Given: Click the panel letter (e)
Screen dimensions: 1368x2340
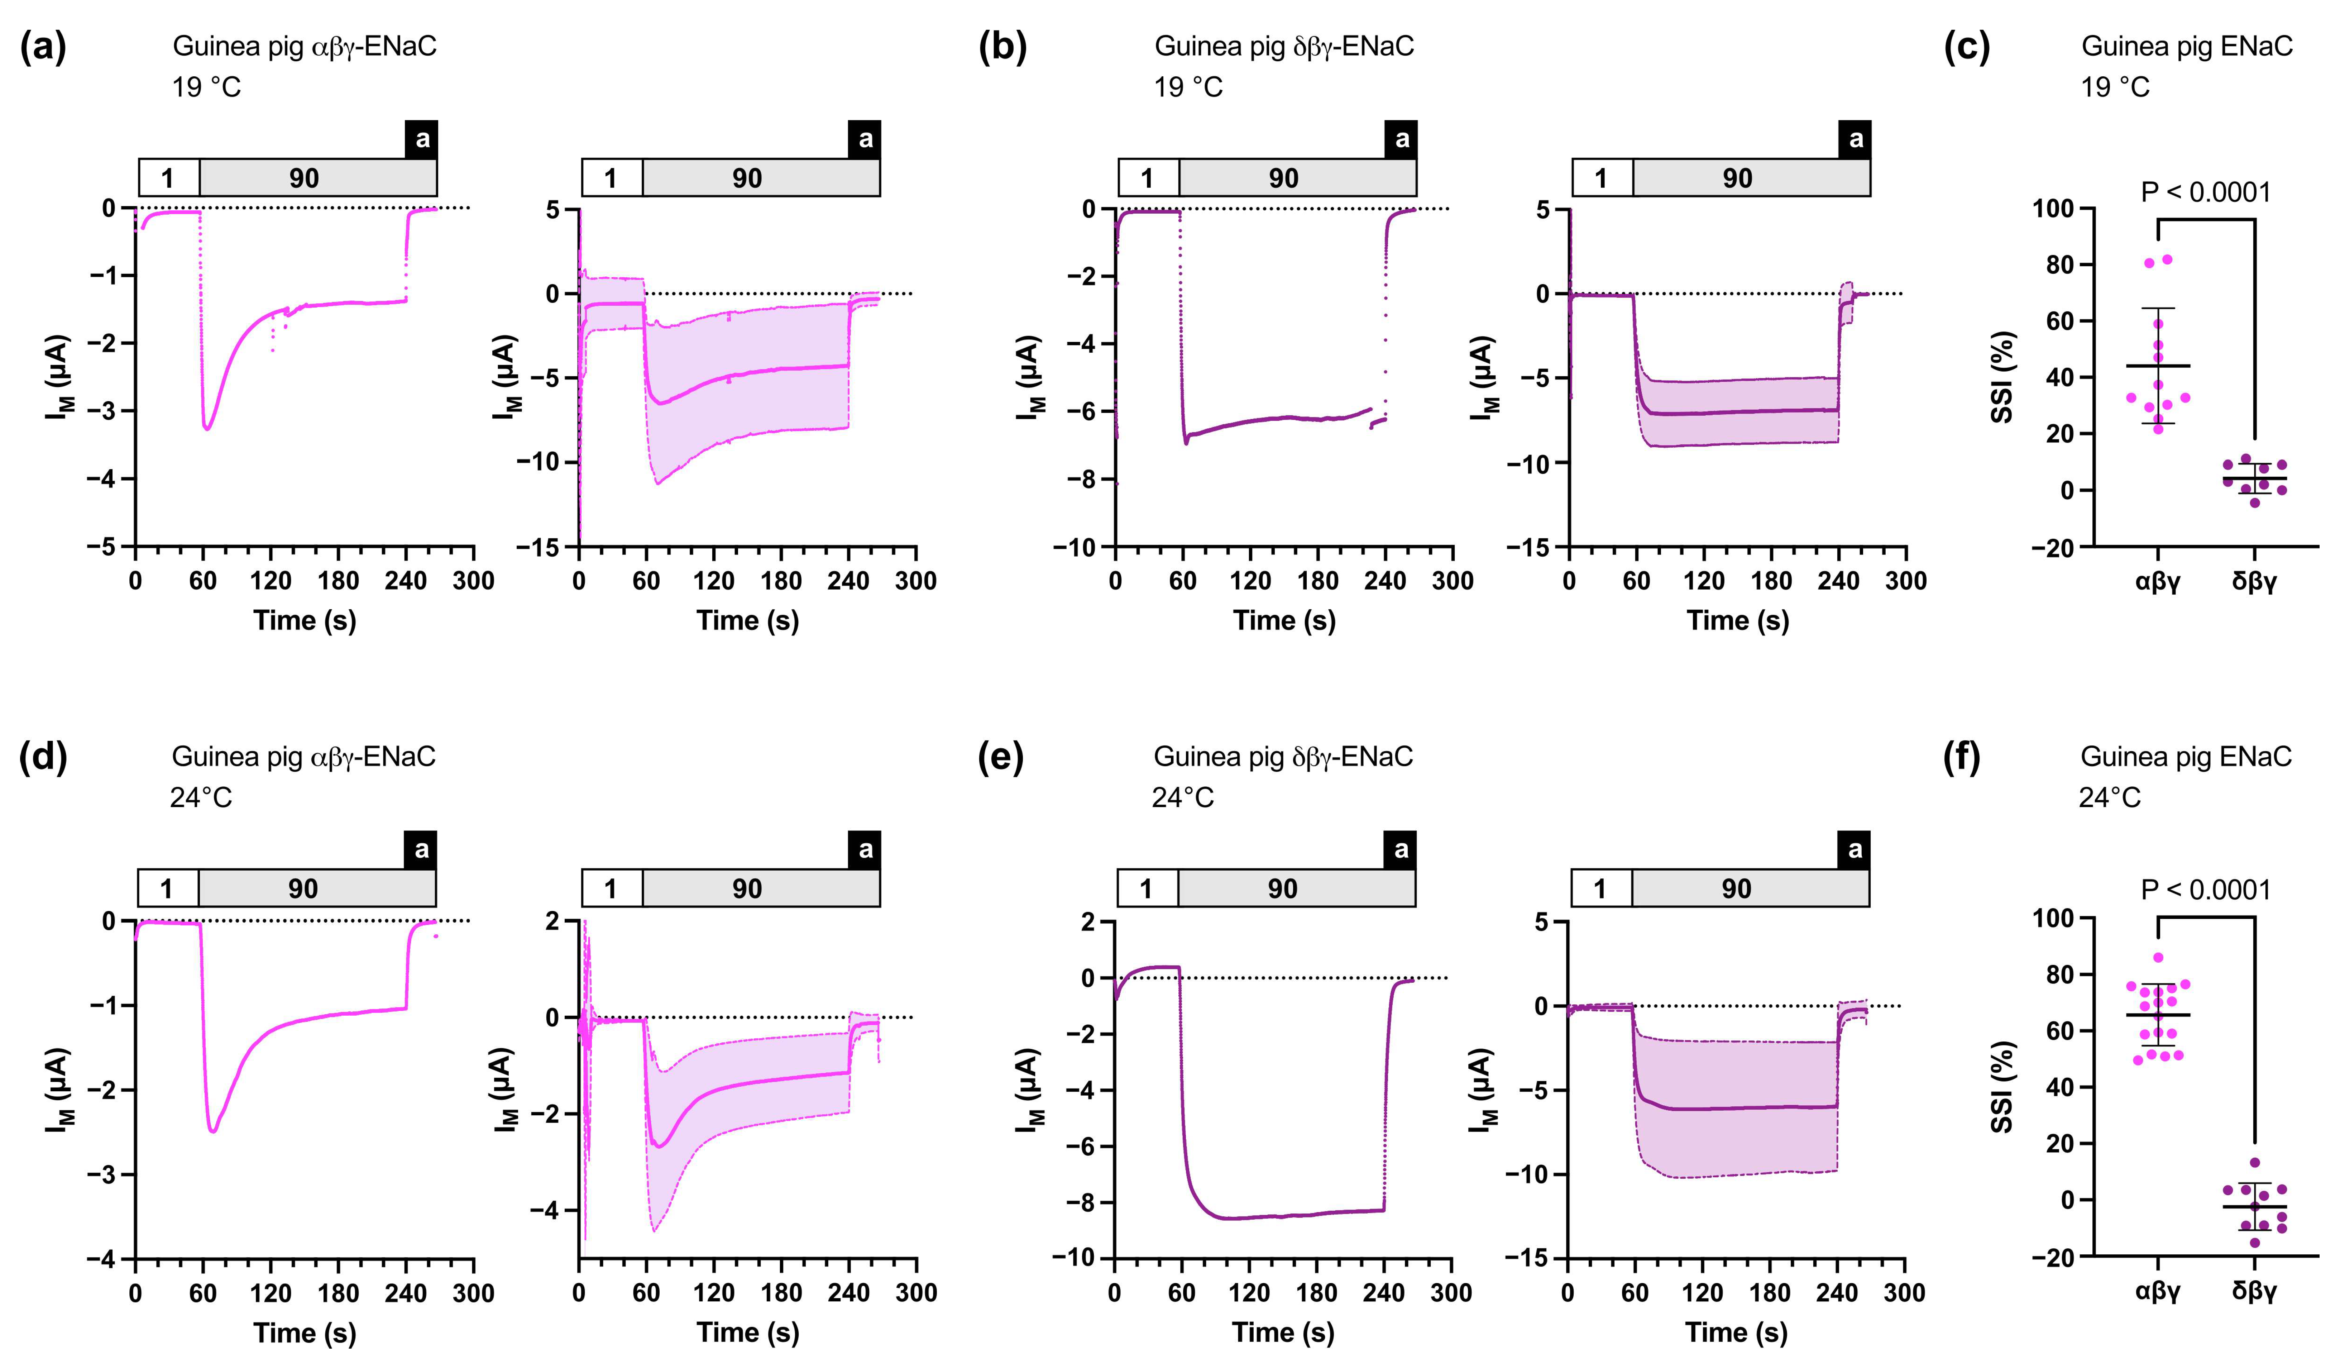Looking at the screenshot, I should coord(1001,757).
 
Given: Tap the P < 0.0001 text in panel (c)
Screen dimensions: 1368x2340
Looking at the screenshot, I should coord(2205,192).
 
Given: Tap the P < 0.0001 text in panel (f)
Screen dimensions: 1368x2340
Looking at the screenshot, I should coord(2205,890).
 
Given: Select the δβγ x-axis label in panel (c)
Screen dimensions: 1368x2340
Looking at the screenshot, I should coord(2255,582).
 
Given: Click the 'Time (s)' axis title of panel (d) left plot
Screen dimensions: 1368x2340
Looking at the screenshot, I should coord(305,1333).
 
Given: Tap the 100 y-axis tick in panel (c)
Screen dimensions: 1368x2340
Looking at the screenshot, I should coord(2052,208).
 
